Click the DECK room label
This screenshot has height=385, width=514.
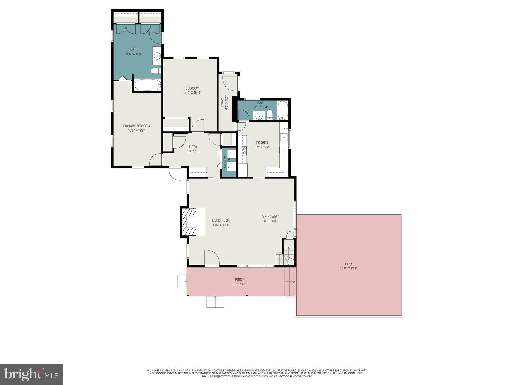pos(349,264)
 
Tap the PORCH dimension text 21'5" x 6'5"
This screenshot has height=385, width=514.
pos(240,284)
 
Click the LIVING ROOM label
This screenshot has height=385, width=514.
pos(221,220)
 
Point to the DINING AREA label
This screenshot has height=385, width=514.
pos(270,217)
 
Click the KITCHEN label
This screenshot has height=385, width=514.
pos(262,142)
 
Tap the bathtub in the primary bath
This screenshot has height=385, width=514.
pos(147,85)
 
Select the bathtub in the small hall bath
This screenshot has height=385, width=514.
pos(283,110)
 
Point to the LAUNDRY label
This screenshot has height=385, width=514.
pos(225,162)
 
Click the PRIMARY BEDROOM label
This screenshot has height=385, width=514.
pos(137,126)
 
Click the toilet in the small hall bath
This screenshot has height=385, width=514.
pos(270,115)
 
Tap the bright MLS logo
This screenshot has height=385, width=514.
pos(31,374)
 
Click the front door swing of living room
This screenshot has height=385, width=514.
pos(211,258)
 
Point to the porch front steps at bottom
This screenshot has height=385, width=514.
pos(215,302)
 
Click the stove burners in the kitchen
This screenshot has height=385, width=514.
pos(244,150)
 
